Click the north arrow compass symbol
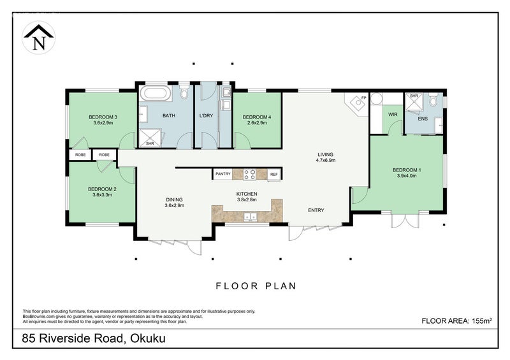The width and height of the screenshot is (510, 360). [x=38, y=38]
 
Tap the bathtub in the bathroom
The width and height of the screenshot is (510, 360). [x=156, y=93]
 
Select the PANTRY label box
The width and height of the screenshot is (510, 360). [x=222, y=174]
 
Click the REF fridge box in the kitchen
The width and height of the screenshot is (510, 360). [x=274, y=175]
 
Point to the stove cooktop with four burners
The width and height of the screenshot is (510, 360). [x=249, y=175]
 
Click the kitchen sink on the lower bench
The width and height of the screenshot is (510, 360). [x=251, y=216]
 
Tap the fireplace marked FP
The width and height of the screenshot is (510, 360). [x=357, y=104]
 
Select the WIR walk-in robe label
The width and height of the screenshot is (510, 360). [x=393, y=115]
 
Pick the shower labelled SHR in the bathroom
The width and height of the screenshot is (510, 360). [x=150, y=138]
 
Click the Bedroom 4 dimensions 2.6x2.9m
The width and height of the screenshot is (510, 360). [x=257, y=123]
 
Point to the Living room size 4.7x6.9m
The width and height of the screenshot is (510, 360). [x=326, y=161]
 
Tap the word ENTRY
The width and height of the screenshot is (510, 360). [x=316, y=210]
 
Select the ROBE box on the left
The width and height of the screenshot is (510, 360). [x=80, y=155]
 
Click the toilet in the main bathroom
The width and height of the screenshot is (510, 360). [x=184, y=91]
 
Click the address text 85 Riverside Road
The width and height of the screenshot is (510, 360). [x=73, y=338]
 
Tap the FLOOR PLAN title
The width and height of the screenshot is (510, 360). [x=256, y=286]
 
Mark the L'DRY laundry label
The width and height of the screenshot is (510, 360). [x=206, y=115]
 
